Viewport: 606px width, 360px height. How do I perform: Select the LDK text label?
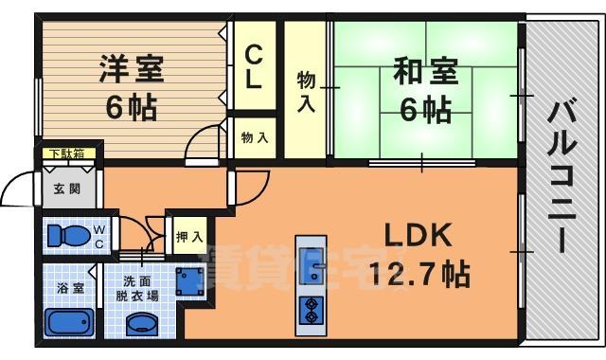tap(418, 234)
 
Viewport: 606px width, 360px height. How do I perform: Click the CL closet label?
tap(254, 67)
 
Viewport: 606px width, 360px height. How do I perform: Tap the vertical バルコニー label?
tap(561, 179)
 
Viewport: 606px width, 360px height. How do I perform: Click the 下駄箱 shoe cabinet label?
tap(66, 153)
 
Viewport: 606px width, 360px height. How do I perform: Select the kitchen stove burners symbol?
tap(312, 309)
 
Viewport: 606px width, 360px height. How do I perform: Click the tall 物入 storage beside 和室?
tap(306, 90)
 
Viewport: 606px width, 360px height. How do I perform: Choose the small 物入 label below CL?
tap(255, 138)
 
